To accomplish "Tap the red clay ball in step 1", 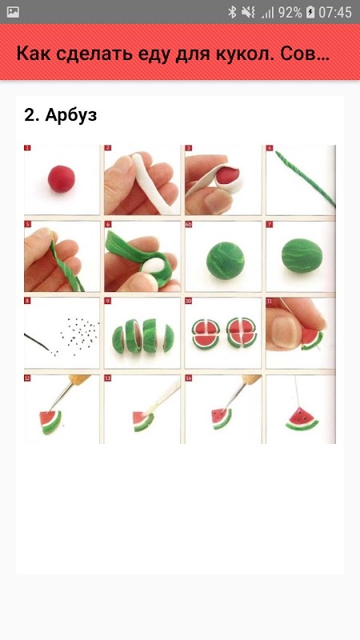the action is tap(62, 178).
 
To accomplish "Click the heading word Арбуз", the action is tap(71, 115).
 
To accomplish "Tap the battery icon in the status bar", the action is tap(310, 12).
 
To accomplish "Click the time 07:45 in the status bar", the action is tap(334, 12).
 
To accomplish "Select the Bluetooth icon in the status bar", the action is tap(232, 12).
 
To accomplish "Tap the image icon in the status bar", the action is tap(13, 12).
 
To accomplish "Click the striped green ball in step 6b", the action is tap(226, 260).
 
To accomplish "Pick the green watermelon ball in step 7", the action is tap(302, 256).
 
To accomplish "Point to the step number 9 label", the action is tap(108, 302).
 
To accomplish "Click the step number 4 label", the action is tap(270, 148).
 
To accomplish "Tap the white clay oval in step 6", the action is tap(151, 266).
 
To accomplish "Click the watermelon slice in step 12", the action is tap(50, 422).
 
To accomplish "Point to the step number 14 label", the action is tap(189, 378).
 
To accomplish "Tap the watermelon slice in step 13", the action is tap(143, 421).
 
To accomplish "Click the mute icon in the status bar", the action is tap(248, 12).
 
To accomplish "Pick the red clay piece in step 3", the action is tap(227, 174).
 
